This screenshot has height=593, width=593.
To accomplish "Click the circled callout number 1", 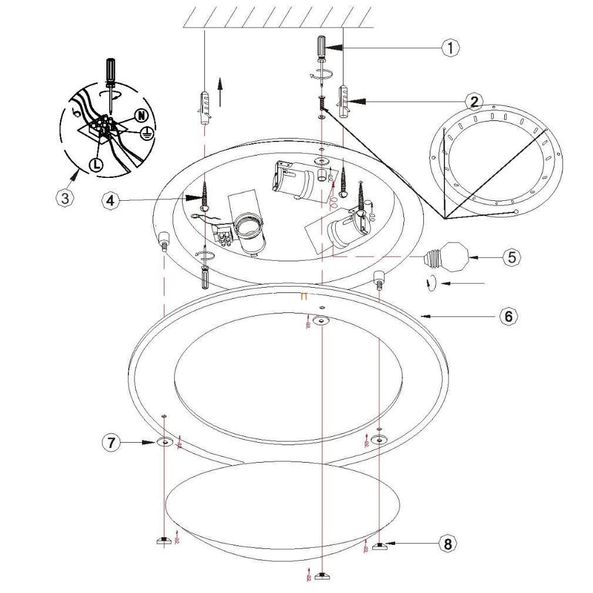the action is click(x=450, y=48).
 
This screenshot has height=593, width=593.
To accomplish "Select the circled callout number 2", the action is click(x=474, y=101).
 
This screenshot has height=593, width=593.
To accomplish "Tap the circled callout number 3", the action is click(x=65, y=198).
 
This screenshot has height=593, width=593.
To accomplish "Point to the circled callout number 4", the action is click(x=110, y=200).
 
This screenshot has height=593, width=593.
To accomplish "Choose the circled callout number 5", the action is click(x=512, y=257).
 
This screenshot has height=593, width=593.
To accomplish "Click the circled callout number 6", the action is click(x=508, y=316).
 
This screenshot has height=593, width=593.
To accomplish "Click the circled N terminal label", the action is click(x=141, y=115).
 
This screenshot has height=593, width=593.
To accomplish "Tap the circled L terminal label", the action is click(x=96, y=165).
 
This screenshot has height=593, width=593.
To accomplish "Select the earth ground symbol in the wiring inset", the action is click(x=146, y=133).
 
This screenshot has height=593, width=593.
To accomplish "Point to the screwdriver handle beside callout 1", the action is click(x=321, y=46).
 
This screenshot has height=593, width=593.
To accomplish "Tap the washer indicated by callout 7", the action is click(x=164, y=442).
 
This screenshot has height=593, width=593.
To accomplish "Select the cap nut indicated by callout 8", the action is click(x=379, y=545).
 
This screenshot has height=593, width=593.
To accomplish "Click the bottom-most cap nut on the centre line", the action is click(x=321, y=575).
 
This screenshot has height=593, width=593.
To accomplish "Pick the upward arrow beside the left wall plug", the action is click(x=221, y=92).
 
